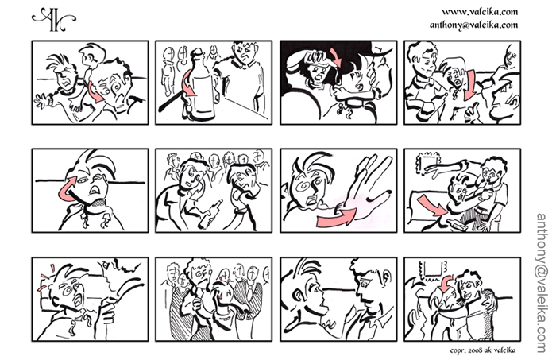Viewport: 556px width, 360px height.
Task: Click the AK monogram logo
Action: pos(53,20)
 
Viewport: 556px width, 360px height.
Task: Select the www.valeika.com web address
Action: pos(480,12)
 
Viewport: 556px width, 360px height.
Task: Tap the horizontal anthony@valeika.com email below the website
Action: pos(473,25)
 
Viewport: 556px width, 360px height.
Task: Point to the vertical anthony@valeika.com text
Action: pos(542,283)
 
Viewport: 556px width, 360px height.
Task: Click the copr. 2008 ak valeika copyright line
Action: pos(483,350)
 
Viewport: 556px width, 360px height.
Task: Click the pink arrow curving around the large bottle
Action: pos(188,84)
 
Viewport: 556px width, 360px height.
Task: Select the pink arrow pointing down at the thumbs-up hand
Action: pos(470,85)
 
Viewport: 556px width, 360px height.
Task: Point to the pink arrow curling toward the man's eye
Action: pos(67,189)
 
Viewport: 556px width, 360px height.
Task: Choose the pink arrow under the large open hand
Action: pos(336,217)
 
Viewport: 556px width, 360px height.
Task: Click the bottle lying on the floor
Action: pos(456,225)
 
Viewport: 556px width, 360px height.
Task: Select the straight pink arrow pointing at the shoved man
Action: pos(431,207)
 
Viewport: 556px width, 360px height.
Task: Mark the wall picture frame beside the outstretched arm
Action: pos(427,164)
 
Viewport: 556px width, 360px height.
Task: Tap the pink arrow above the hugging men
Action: pos(445,282)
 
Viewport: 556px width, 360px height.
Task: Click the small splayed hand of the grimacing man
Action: pos(43,100)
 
